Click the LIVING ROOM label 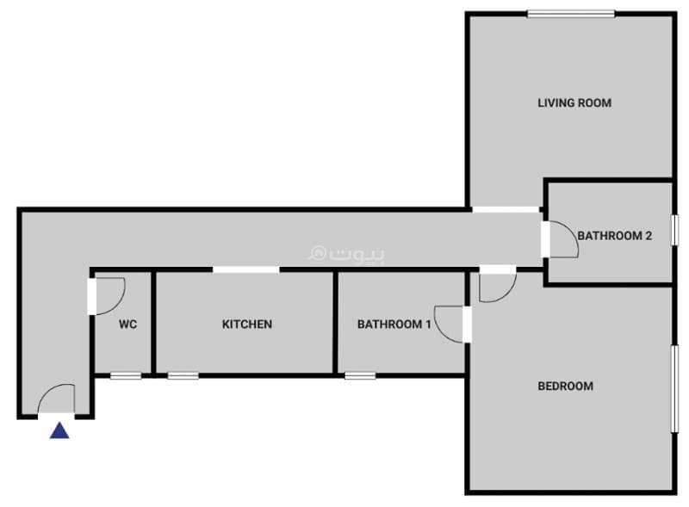pyautogui.click(x=574, y=102)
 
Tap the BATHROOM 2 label pyautogui.click(x=614, y=236)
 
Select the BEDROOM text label pyautogui.click(x=566, y=386)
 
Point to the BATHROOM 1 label pyautogui.click(x=394, y=325)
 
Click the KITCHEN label pyautogui.click(x=247, y=325)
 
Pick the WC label pyautogui.click(x=127, y=325)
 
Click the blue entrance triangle pyautogui.click(x=59, y=431)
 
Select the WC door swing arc pyautogui.click(x=118, y=304)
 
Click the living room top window pyautogui.click(x=571, y=14)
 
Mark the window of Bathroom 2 pyautogui.click(x=675, y=229)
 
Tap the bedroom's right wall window pyautogui.click(x=674, y=389)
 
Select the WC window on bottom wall pyautogui.click(x=126, y=375)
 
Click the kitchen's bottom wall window pyautogui.click(x=183, y=375)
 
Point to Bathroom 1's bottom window pyautogui.click(x=360, y=375)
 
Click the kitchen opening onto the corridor pyautogui.click(x=246, y=269)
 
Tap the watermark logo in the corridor pyautogui.click(x=346, y=255)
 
